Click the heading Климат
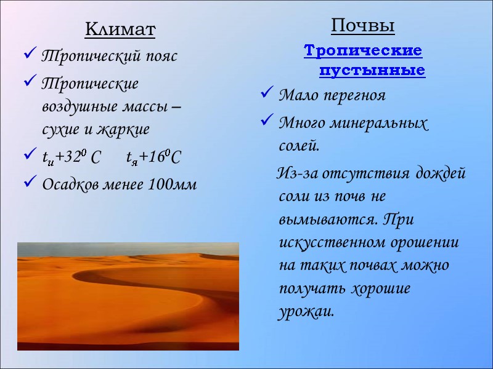pyautogui.click(x=120, y=28)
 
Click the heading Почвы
pyautogui.click(x=362, y=26)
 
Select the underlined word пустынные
pyautogui.click(x=372, y=70)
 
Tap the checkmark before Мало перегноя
pyautogui.click(x=266, y=95)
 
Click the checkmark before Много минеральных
pyautogui.click(x=266, y=122)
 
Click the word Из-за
pyautogui.click(x=295, y=173)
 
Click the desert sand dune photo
pyautogui.click(x=128, y=296)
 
